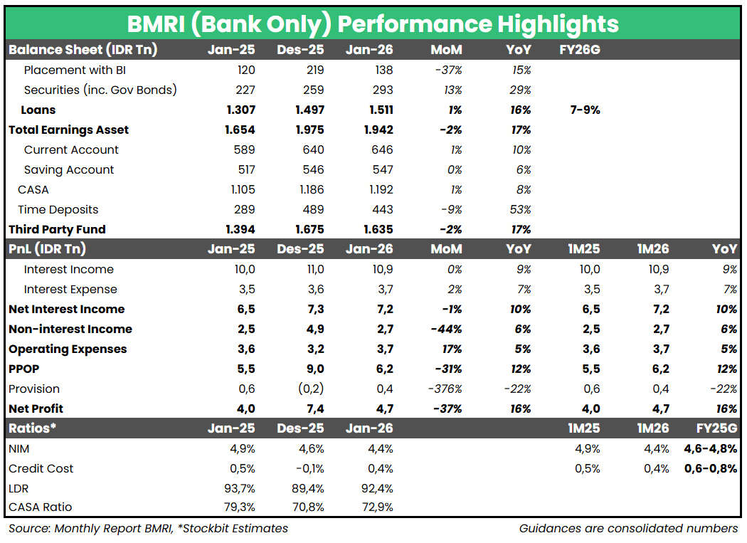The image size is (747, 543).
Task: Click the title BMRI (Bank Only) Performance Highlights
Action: click(x=373, y=23)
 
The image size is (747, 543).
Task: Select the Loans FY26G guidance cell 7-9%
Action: click(x=585, y=110)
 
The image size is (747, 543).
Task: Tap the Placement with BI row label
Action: click(x=75, y=70)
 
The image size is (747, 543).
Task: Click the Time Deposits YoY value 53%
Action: click(x=520, y=209)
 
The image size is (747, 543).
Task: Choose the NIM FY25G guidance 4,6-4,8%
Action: click(x=710, y=448)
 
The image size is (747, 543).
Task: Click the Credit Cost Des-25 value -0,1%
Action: click(x=309, y=468)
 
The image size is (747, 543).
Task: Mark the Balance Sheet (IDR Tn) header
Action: click(x=83, y=50)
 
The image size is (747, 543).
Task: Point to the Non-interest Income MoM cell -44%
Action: click(x=445, y=329)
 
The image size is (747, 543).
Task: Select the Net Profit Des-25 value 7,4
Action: click(x=313, y=408)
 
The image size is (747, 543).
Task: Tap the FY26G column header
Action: click(x=585, y=50)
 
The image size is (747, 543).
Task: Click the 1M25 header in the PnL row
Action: click(x=586, y=249)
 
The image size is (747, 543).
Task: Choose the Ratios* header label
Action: click(x=32, y=428)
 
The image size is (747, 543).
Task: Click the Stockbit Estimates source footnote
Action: click(x=148, y=528)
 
